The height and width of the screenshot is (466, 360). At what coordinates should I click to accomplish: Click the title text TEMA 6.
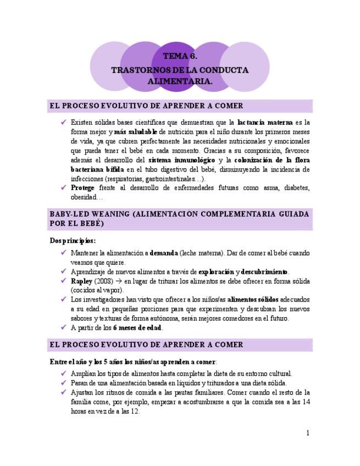[x=180, y=57]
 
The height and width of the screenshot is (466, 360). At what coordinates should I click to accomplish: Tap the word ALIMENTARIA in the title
[x=180, y=81]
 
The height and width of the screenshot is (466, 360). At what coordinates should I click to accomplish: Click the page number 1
[x=308, y=433]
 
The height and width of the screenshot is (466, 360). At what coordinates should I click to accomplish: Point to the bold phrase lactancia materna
[x=265, y=123]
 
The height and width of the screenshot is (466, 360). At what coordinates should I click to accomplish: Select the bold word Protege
[x=82, y=188]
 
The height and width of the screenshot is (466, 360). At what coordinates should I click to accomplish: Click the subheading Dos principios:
[x=73, y=241]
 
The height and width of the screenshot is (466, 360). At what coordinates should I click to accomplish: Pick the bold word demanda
[x=164, y=253]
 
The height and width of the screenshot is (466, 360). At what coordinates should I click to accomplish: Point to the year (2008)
[x=106, y=281]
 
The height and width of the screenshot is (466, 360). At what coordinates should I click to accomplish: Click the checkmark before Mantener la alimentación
[x=63, y=253]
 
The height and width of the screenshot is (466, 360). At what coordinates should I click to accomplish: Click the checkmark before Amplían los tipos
[x=63, y=373]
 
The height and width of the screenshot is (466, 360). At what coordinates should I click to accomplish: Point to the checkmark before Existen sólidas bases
[x=63, y=123]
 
